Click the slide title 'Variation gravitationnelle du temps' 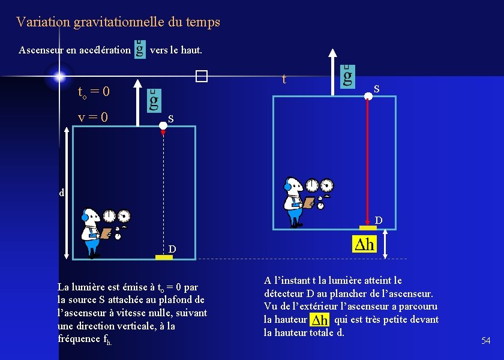pos(118,22)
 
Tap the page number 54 pos(485,341)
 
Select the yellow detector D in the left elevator pos(164,257)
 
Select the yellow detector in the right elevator pos(368,227)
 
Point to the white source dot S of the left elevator pos(163,125)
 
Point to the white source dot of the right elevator pos(368,95)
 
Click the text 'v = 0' pos(93,117)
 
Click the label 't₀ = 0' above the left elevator pos(94,92)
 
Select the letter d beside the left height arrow pos(61,193)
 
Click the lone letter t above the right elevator pos(284,79)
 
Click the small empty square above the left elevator pos(200,76)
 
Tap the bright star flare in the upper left pos(59,76)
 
